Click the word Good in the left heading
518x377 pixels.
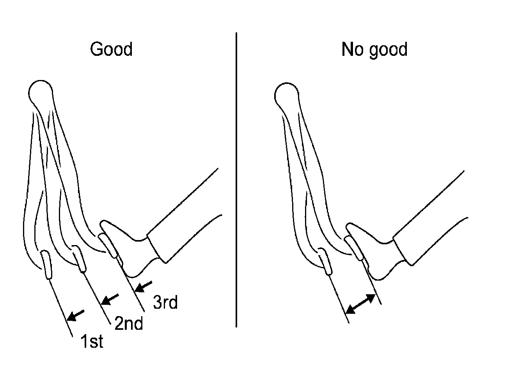[111, 50]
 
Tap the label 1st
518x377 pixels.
[92, 341]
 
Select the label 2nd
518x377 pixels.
[128, 323]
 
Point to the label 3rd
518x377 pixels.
[165, 302]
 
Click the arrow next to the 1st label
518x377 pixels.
[76, 315]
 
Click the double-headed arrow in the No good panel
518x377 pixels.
[361, 304]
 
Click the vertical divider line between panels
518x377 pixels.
[236, 180]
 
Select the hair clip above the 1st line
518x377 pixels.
[46, 265]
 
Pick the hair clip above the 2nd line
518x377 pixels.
[79, 258]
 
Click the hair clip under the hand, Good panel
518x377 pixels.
[110, 245]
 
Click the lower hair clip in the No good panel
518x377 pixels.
[325, 261]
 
